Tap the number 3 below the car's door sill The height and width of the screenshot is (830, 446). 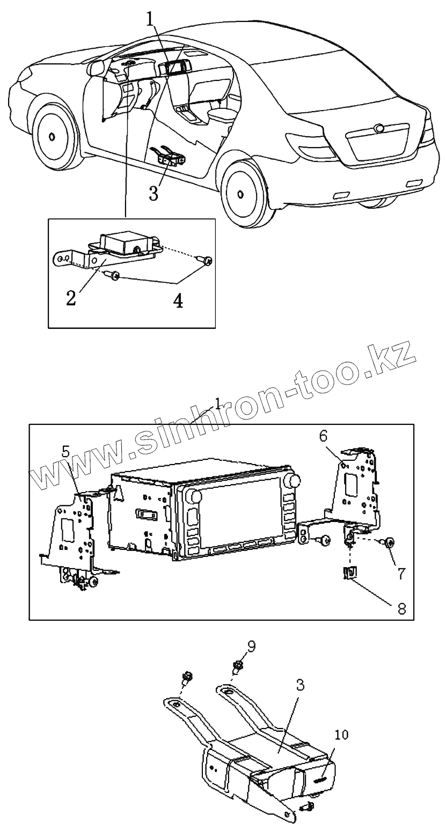tap(154, 193)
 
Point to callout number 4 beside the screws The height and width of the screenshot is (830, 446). tap(178, 300)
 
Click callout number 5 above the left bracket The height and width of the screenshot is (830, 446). tap(66, 451)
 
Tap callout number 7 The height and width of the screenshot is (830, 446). tap(401, 574)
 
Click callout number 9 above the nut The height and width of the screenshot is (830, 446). tap(252, 645)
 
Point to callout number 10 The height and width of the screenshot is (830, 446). tap(341, 734)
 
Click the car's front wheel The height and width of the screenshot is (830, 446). tap(53, 136)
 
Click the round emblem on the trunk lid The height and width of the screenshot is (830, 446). tap(379, 129)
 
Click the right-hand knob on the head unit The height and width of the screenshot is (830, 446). tap(293, 480)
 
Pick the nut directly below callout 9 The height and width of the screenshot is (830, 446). tap(237, 667)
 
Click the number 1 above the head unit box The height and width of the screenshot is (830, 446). tap(218, 403)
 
